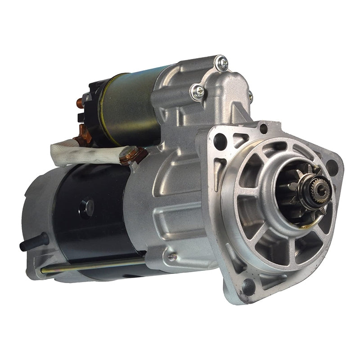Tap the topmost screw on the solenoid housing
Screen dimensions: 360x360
221,63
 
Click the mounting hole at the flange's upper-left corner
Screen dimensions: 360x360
220,141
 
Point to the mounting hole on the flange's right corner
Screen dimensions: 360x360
332,167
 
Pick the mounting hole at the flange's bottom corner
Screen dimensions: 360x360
247,286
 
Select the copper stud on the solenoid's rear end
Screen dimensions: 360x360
80,103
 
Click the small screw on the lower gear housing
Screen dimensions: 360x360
172,257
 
